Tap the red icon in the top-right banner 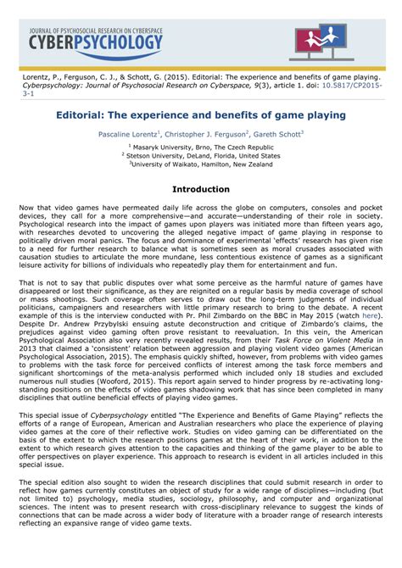pyautogui.click(x=318, y=41)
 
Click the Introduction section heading pyautogui.click(x=201, y=189)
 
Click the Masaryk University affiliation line pyautogui.click(x=202, y=148)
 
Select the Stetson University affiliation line pyautogui.click(x=201, y=156)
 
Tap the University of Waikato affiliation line pyautogui.click(x=202, y=164)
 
